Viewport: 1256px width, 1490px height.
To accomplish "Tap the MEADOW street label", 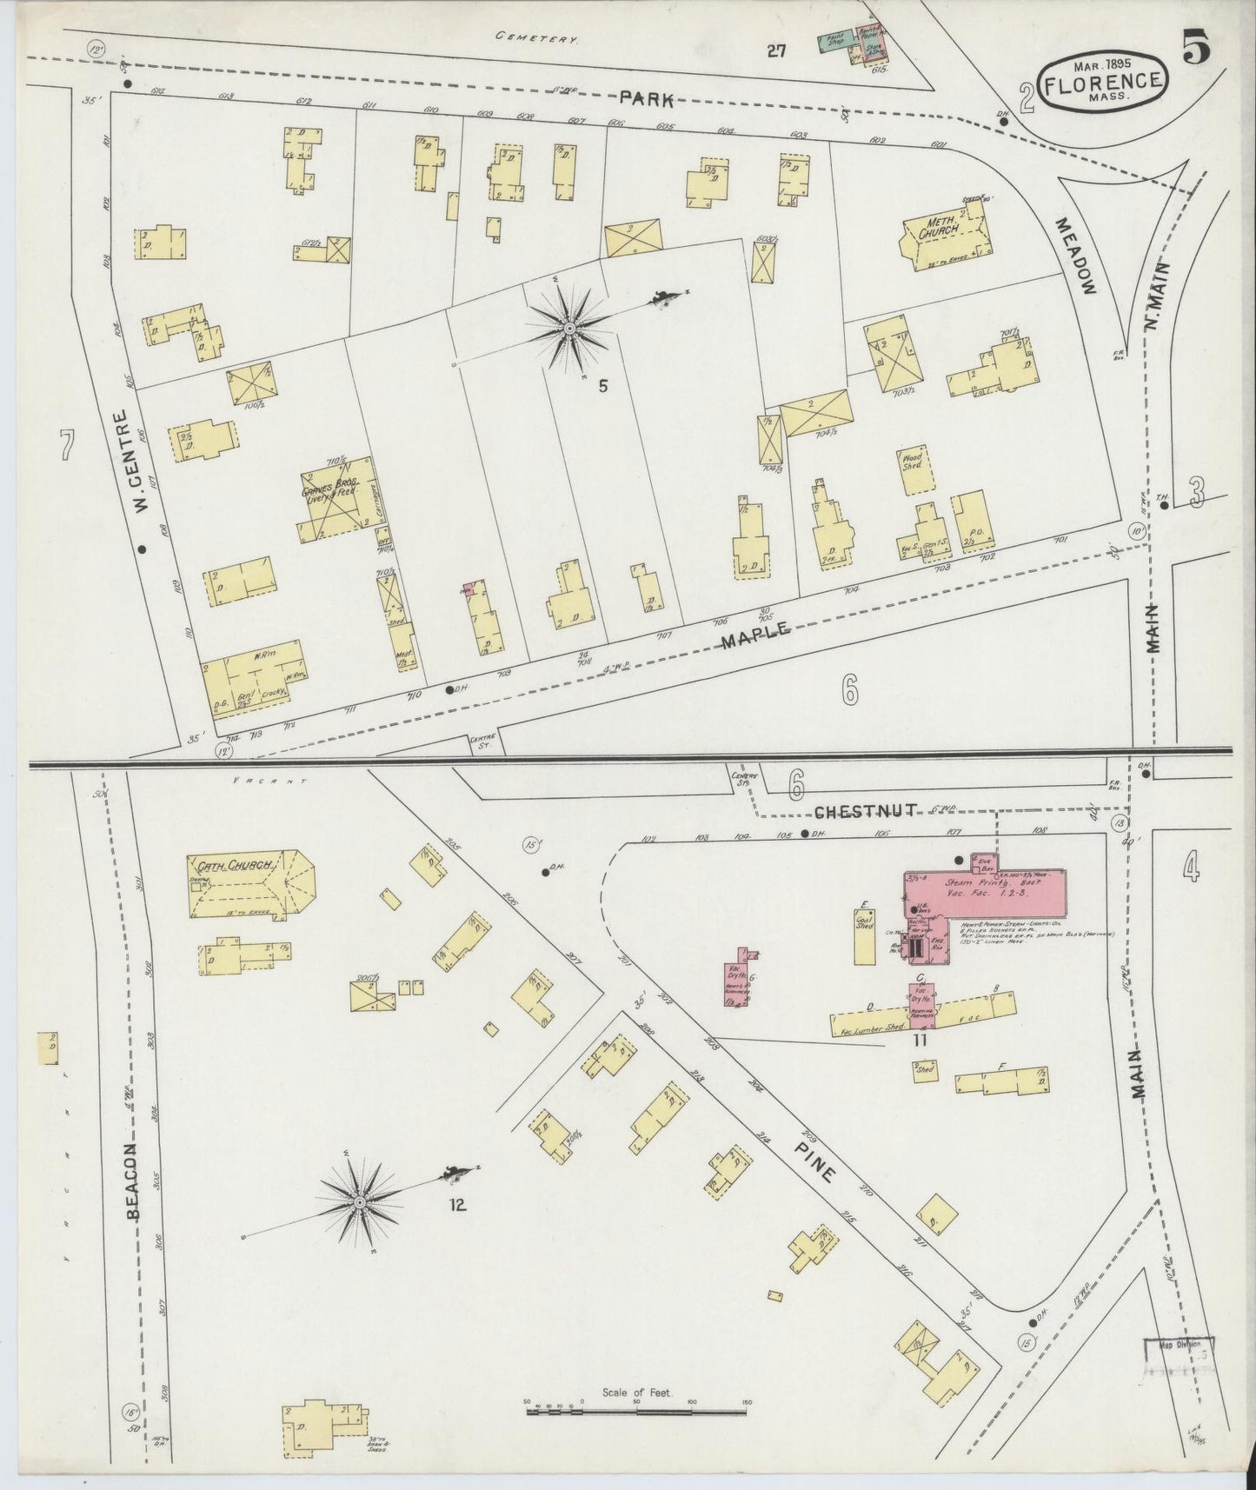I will click(1076, 256).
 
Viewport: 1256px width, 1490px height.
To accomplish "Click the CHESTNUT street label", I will click(865, 811).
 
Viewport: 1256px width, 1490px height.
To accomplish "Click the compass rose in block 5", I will click(569, 328).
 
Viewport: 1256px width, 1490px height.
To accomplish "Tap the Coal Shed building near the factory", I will click(865, 935).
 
